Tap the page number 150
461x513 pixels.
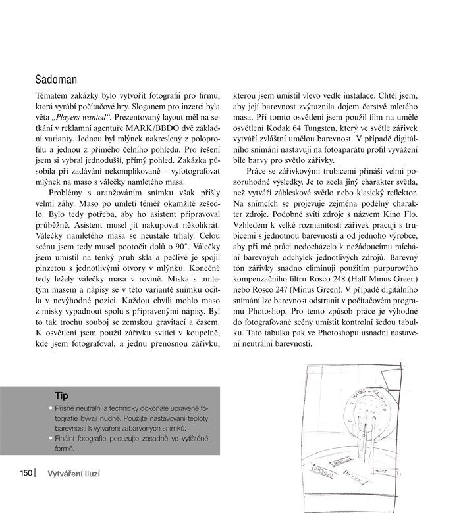pos(25,472)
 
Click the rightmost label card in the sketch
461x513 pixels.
pos(383,471)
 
